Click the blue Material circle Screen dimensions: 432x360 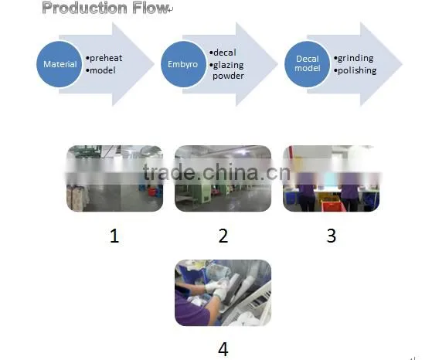click(60, 64)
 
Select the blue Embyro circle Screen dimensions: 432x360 click(183, 64)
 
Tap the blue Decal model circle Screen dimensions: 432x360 click(308, 64)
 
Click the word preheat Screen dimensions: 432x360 click(106, 58)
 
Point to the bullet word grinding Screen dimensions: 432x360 click(355, 59)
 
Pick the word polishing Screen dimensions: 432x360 click(357, 70)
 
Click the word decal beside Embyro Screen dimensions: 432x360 click(225, 53)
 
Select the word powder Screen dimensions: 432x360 click(228, 76)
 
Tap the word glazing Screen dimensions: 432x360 click(229, 66)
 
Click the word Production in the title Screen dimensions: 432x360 click(84, 8)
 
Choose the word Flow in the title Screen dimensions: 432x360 click(150, 8)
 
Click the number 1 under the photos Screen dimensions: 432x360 click(114, 236)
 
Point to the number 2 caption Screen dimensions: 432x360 click(223, 236)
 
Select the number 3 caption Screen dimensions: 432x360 click(332, 236)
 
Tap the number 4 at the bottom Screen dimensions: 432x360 click(223, 349)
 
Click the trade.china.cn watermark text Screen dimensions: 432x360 click(217, 172)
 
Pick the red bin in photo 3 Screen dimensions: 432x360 click(333, 206)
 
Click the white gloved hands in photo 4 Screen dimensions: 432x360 click(217, 290)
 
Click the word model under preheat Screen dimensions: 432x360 click(103, 70)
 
